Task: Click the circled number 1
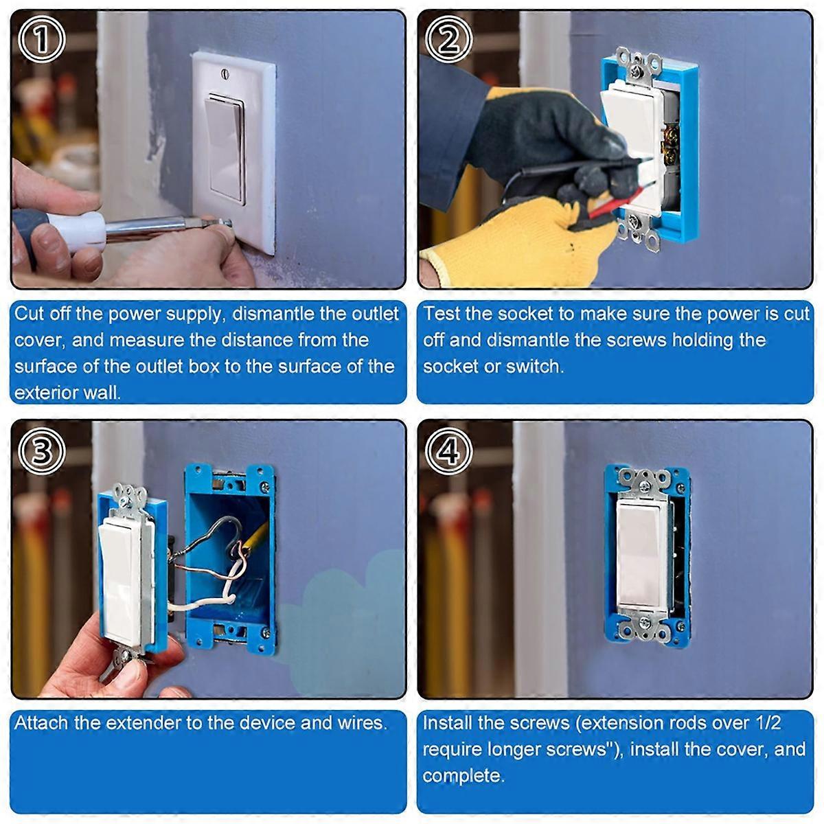42,40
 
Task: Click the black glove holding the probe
542,130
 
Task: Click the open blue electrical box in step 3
230,556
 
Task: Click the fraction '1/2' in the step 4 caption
766,722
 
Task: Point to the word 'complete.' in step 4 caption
463,775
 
